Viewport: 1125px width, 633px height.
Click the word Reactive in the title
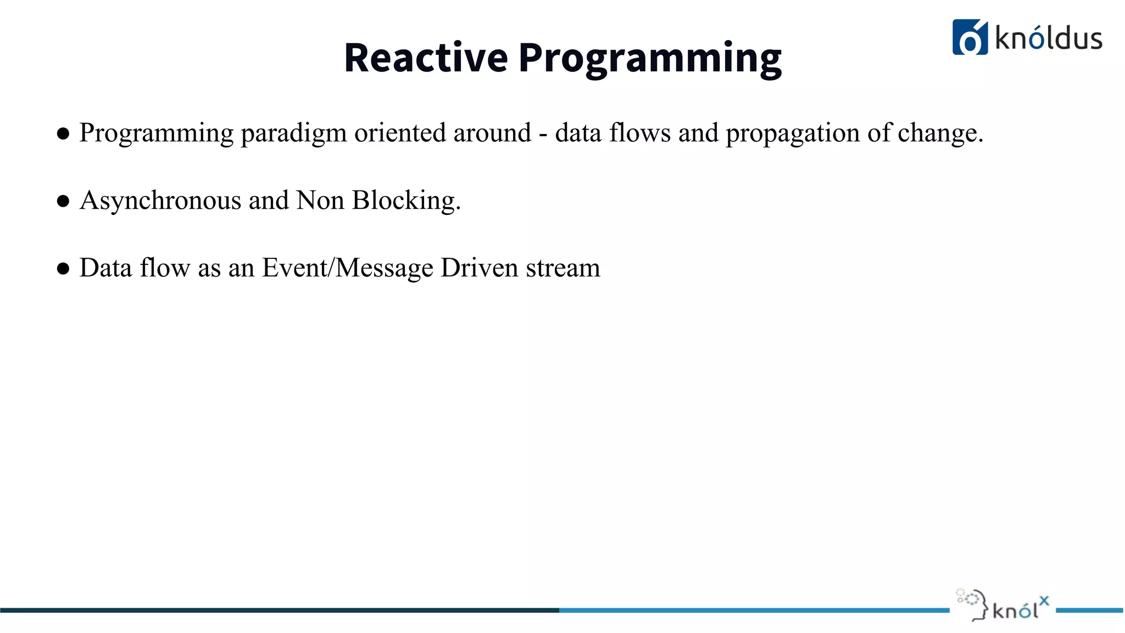(426, 58)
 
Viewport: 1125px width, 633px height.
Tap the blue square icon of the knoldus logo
(970, 37)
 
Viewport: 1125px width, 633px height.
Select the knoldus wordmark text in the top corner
(1049, 38)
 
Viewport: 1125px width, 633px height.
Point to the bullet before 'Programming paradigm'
(63, 134)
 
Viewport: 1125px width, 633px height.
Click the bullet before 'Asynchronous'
(63, 201)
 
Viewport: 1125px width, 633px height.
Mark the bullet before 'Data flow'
(63, 269)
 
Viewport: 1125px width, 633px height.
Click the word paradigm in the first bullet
(293, 134)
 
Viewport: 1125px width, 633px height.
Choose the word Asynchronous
(160, 201)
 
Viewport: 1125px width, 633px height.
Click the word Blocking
(405, 201)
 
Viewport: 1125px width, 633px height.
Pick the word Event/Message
(348, 268)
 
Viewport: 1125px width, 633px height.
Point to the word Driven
(480, 268)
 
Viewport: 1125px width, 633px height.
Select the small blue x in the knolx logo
(1044, 601)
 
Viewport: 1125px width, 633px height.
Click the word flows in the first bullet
(640, 133)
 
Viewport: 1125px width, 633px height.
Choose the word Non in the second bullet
(320, 201)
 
